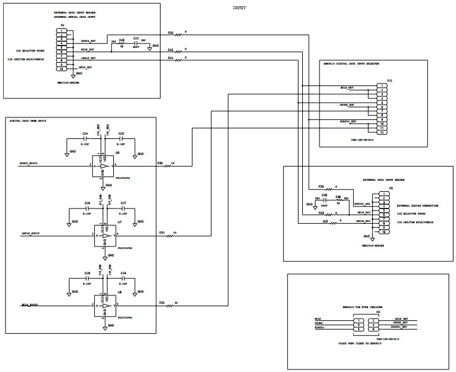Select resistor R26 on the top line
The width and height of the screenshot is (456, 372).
(178, 35)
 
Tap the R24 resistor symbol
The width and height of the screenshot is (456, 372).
(178, 61)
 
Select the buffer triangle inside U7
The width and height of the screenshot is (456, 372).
(106, 235)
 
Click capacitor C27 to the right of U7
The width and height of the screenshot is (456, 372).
(123, 208)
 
